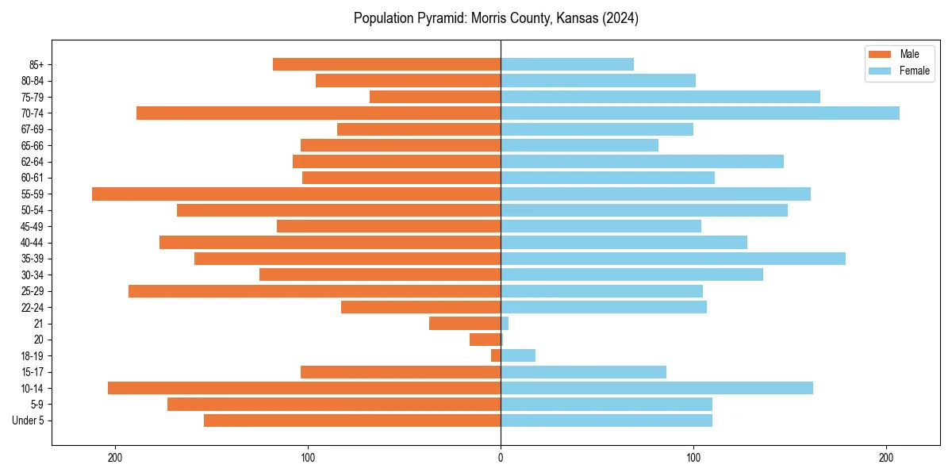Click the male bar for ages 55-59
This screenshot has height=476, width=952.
296,194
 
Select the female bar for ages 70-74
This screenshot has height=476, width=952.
700,113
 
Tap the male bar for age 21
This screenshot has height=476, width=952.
465,323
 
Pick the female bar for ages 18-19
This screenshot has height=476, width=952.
518,355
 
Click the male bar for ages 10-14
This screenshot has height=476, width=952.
304,388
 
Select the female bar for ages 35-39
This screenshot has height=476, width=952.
673,259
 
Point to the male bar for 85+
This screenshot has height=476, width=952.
386,64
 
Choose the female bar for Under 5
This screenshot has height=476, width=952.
606,420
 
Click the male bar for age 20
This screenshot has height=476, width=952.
486,340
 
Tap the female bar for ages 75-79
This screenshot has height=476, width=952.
660,97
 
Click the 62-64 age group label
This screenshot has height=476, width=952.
33,161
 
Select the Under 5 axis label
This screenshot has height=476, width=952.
29,420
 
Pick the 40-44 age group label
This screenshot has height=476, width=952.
33,242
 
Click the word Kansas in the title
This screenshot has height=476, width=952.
559,18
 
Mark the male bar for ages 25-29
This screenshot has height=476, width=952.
314,291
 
